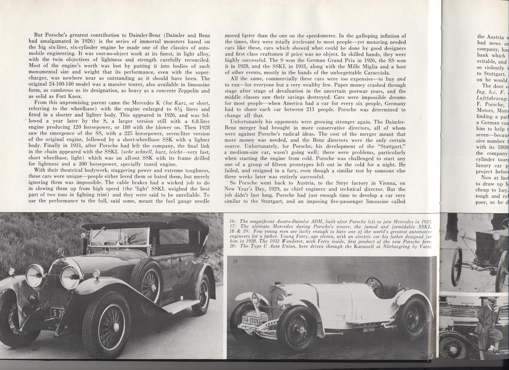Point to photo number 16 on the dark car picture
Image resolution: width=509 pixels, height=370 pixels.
click(x=216, y=262)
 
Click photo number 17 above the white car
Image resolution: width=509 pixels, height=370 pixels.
click(x=235, y=262)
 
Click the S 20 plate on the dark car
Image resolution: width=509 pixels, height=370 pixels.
click(x=57, y=312)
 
